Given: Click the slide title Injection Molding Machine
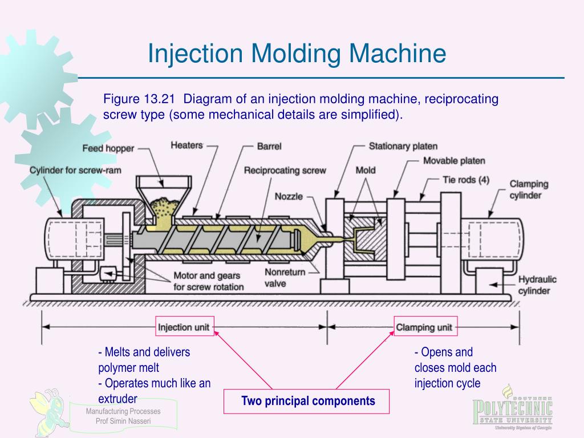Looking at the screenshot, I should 297,54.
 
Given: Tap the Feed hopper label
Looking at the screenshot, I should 108,148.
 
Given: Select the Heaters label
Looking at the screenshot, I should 186,145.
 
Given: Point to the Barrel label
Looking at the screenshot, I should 269,147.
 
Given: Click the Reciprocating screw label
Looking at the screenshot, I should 285,171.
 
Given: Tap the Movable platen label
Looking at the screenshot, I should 454,161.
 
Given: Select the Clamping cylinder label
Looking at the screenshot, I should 529,189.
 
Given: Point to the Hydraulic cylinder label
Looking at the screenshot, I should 534,285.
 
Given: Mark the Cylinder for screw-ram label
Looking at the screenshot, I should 75,171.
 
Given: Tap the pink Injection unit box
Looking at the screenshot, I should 184,327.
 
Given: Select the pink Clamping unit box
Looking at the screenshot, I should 424,327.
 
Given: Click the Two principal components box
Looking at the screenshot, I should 308,401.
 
